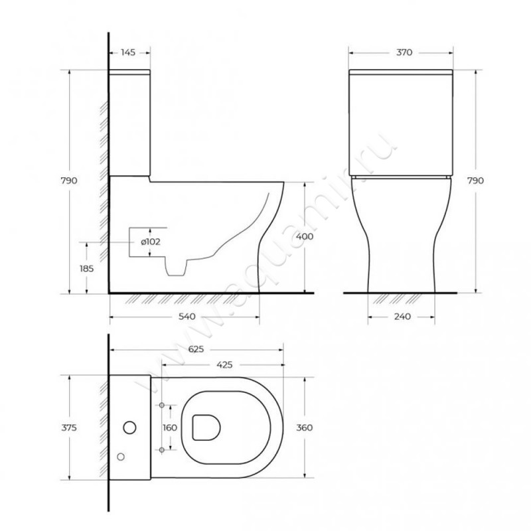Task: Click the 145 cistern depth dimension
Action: click(x=128, y=52)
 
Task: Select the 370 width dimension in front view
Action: click(x=404, y=52)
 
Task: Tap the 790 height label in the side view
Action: click(x=69, y=181)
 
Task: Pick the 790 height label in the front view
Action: click(x=475, y=181)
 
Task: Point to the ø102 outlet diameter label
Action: click(x=151, y=242)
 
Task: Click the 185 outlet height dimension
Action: click(x=86, y=269)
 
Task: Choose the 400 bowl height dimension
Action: click(x=305, y=236)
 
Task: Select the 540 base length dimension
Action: click(x=187, y=317)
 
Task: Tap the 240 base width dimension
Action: click(x=402, y=317)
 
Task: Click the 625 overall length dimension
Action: click(x=196, y=349)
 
